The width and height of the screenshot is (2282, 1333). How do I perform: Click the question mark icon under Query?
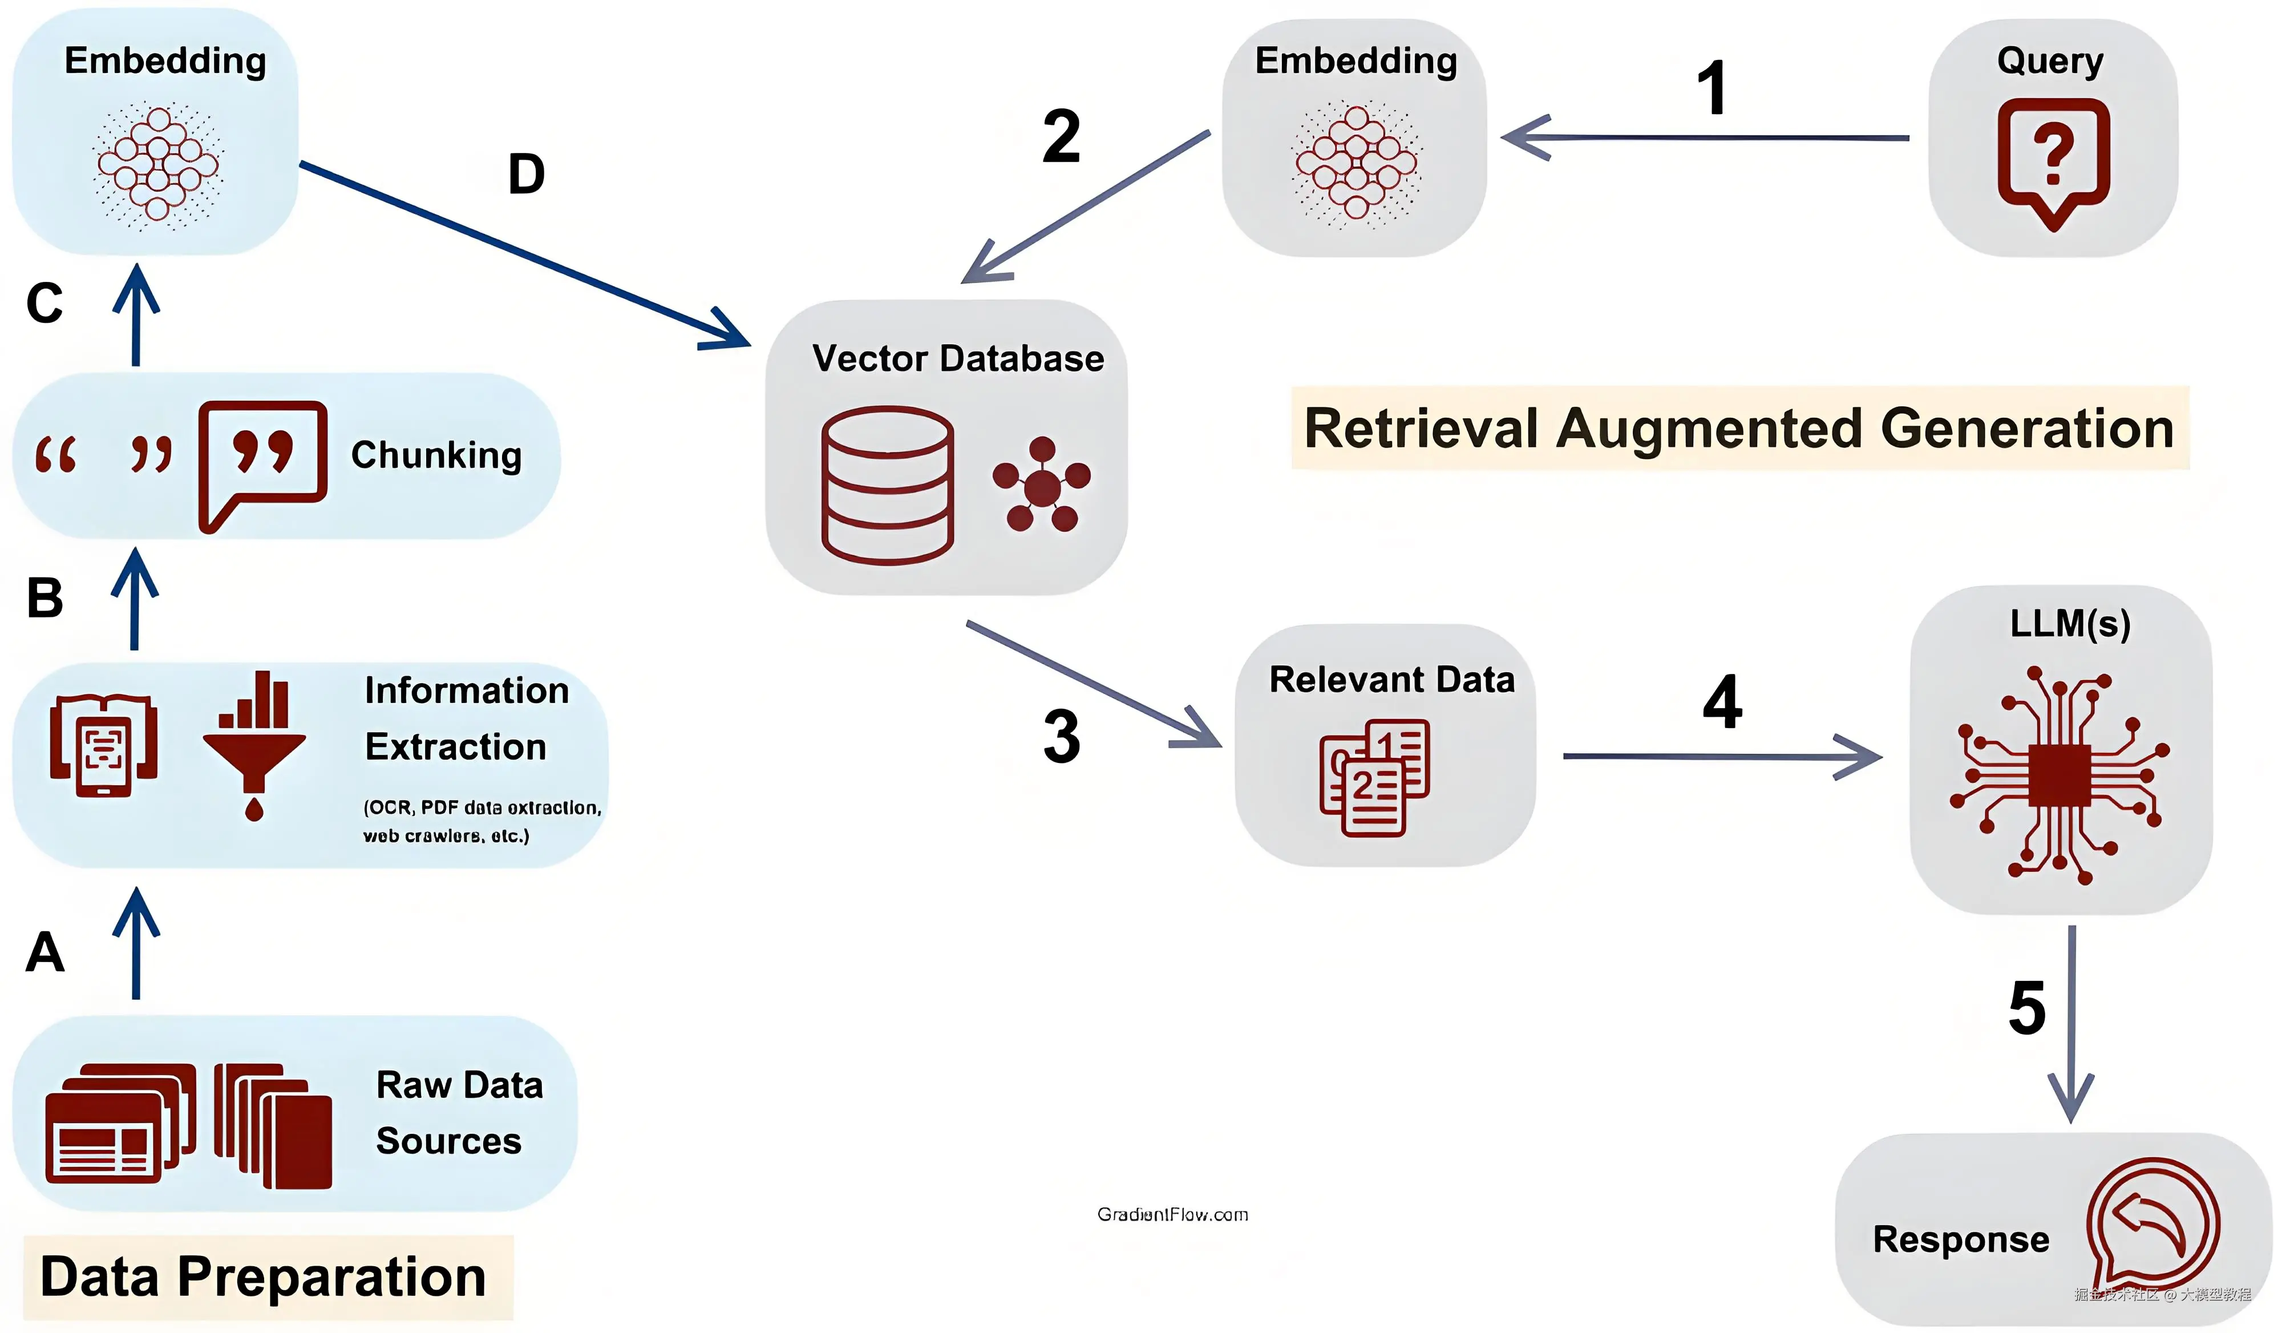click(x=2053, y=160)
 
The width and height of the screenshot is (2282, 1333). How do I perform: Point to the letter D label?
click(x=526, y=174)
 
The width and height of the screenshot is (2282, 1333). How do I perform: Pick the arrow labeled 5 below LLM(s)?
click(x=2071, y=1023)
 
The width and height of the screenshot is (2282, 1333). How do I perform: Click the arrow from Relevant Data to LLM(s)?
click(x=1721, y=756)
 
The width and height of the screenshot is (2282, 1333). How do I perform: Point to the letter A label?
click(x=45, y=952)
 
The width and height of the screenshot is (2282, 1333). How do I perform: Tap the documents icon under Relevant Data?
click(x=1374, y=777)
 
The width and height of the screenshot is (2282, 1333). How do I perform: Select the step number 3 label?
click(x=1061, y=736)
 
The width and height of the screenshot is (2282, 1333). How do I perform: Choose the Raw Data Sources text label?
click(x=459, y=1112)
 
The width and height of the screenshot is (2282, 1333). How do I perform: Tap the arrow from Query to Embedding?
click(x=1702, y=138)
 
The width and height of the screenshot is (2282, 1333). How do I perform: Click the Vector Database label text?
click(x=957, y=358)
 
